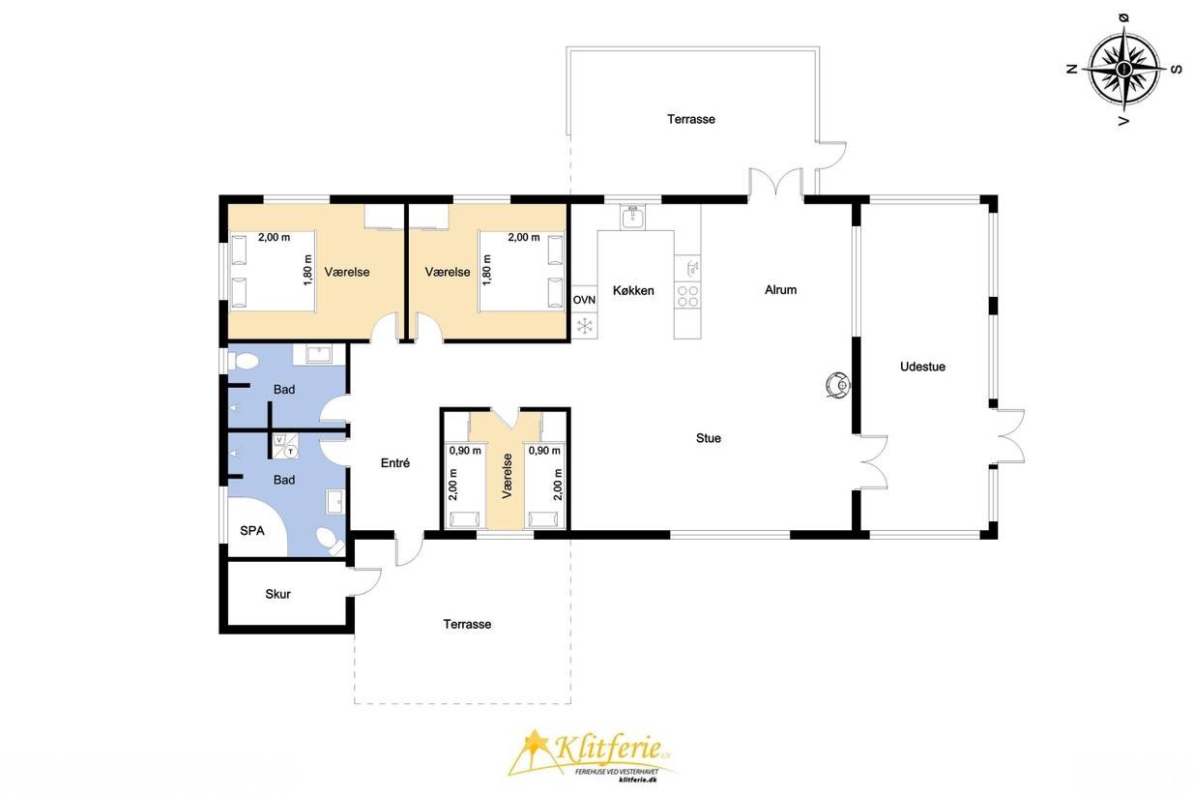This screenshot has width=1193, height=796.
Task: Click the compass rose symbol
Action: pyautogui.click(x=1124, y=70)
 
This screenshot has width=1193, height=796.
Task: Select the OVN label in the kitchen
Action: pyautogui.click(x=584, y=300)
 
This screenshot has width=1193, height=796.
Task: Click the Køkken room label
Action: pyautogui.click(x=633, y=290)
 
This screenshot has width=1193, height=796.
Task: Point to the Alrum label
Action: pyautogui.click(x=781, y=290)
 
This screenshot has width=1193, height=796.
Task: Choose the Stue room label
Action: pyautogui.click(x=709, y=438)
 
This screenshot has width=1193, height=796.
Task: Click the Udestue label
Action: pyautogui.click(x=922, y=367)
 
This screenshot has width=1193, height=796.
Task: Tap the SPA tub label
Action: pyautogui.click(x=252, y=531)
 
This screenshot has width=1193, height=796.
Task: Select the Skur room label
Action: pyautogui.click(x=278, y=594)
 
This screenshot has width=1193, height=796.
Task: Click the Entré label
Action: pyautogui.click(x=395, y=463)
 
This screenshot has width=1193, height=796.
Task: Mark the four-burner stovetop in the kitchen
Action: pyautogui.click(x=687, y=296)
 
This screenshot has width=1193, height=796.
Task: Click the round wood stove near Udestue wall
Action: pyautogui.click(x=838, y=384)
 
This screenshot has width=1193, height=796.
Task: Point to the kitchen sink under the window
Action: pyautogui.click(x=632, y=218)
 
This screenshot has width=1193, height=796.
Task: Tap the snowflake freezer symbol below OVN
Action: pyautogui.click(x=584, y=325)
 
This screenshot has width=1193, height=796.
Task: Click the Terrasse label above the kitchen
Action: pyautogui.click(x=691, y=119)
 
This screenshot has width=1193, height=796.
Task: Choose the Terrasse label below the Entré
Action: pyautogui.click(x=467, y=624)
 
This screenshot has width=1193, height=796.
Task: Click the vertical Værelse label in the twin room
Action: pyautogui.click(x=507, y=476)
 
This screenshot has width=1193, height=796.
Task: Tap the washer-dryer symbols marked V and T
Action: pyautogui.click(x=285, y=446)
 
